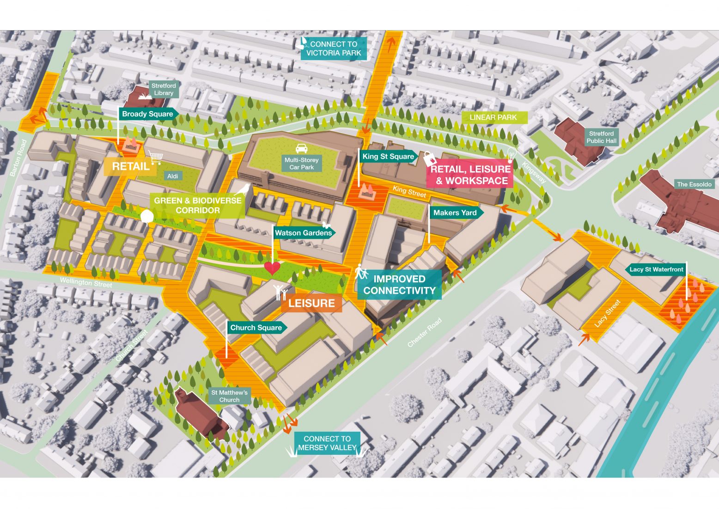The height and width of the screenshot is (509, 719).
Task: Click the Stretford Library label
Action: [x=164, y=89]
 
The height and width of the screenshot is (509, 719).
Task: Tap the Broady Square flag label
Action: [x=147, y=114]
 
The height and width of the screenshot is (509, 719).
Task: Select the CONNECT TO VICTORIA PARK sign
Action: [x=334, y=49]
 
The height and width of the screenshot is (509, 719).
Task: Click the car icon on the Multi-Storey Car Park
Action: [x=301, y=149]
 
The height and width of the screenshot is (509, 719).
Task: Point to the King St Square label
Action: [x=388, y=156]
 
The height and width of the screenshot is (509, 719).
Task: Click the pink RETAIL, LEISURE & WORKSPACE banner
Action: [x=470, y=175]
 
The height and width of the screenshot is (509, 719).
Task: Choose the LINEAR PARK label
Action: [x=493, y=118]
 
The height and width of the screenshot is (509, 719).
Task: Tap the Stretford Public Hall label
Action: [x=601, y=137]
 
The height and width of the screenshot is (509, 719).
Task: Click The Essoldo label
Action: [x=694, y=184]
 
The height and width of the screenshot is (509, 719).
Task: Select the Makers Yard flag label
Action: [x=455, y=213]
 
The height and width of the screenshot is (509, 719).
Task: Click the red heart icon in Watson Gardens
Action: [x=272, y=267]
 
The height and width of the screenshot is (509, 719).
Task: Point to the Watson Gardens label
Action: [x=303, y=233]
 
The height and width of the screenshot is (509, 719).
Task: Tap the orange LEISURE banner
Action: [x=311, y=303]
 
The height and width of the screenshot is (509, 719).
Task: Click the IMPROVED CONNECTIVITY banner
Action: [x=399, y=285]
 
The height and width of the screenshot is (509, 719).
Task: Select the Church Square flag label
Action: [x=256, y=328]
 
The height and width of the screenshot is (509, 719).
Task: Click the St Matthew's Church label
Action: [x=229, y=396]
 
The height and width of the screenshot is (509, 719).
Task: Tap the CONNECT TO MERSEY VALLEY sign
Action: [x=327, y=443]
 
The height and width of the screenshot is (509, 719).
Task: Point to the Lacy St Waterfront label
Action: [x=656, y=269]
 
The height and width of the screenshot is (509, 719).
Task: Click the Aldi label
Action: [x=172, y=176]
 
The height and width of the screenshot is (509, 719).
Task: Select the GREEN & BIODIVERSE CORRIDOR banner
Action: [x=197, y=205]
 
